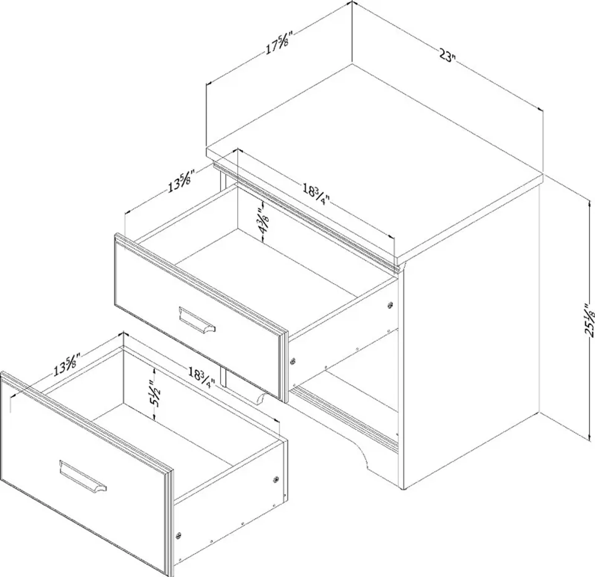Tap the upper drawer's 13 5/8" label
tap(181, 184)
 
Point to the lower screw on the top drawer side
tap(293, 361)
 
